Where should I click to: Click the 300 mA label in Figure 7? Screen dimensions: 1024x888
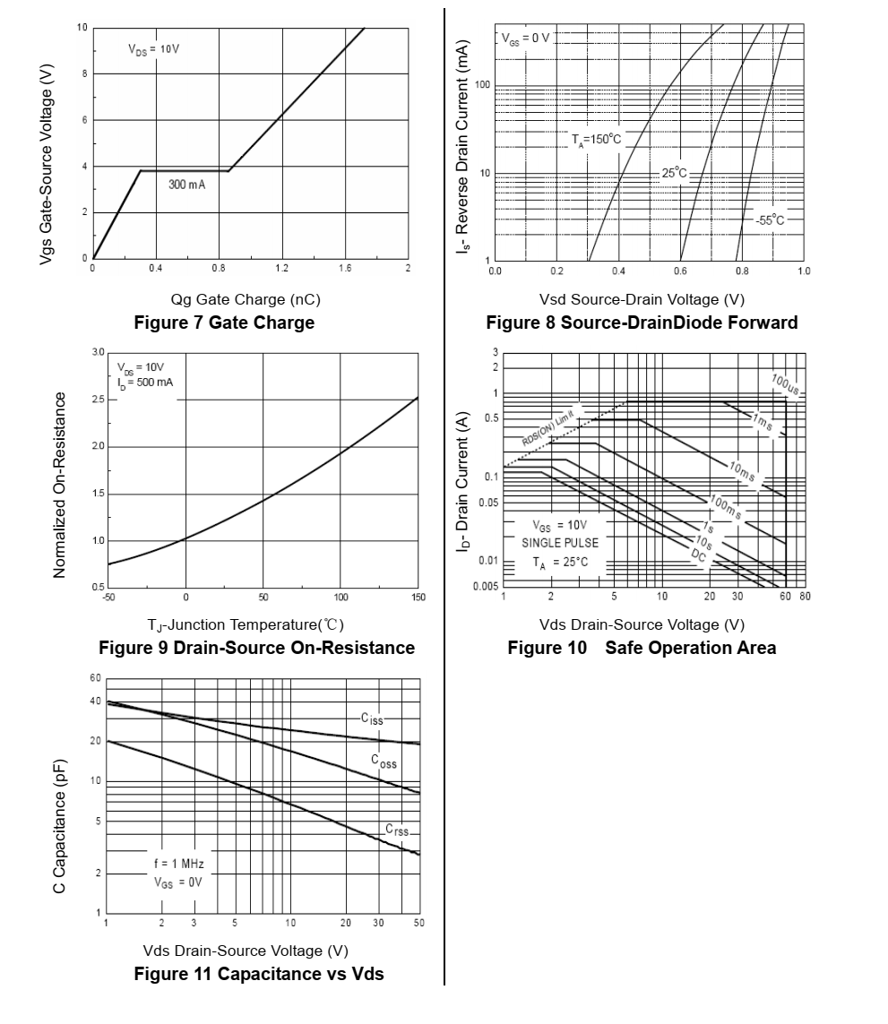pyautogui.click(x=187, y=184)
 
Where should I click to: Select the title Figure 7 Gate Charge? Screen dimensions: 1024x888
pyautogui.click(x=224, y=323)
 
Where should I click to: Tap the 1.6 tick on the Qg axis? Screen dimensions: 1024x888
pyautogui.click(x=345, y=268)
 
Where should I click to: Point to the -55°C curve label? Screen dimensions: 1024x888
pyautogui.click(x=769, y=219)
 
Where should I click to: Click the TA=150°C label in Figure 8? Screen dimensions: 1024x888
pyautogui.click(x=596, y=139)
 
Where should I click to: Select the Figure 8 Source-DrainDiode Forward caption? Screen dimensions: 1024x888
pyautogui.click(x=642, y=323)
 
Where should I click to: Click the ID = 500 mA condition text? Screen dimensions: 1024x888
pyautogui.click(x=144, y=383)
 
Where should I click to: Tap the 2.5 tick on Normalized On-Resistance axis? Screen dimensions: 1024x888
pyautogui.click(x=98, y=399)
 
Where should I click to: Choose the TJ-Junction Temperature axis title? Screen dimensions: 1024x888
pyautogui.click(x=246, y=624)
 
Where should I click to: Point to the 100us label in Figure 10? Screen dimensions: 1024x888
pyautogui.click(x=785, y=386)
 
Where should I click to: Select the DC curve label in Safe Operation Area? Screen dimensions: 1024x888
pyautogui.click(x=699, y=556)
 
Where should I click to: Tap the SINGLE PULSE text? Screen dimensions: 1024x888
pyautogui.click(x=560, y=543)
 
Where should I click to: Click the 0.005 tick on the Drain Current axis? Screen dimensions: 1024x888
pyautogui.click(x=485, y=587)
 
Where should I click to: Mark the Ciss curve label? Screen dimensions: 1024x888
pyautogui.click(x=372, y=719)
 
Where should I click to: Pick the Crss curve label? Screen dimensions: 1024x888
pyautogui.click(x=397, y=831)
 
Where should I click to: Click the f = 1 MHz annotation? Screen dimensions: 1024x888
pyautogui.click(x=179, y=864)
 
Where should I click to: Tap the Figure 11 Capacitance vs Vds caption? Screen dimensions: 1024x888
pyautogui.click(x=259, y=974)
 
